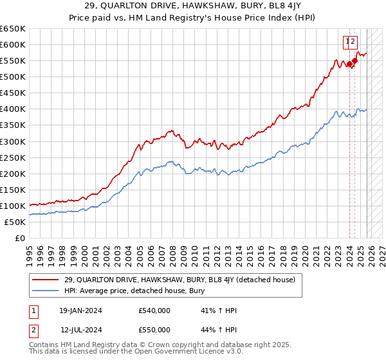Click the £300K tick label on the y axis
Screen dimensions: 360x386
point(12,141)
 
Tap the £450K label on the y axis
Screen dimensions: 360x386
point(12,93)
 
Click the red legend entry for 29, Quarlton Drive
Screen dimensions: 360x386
point(179,280)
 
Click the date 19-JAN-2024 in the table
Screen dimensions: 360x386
point(80,310)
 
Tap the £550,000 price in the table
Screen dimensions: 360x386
point(154,330)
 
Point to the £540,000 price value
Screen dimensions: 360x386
point(154,310)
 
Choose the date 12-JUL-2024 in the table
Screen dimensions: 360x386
point(80,330)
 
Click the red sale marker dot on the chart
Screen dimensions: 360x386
point(354,61)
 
